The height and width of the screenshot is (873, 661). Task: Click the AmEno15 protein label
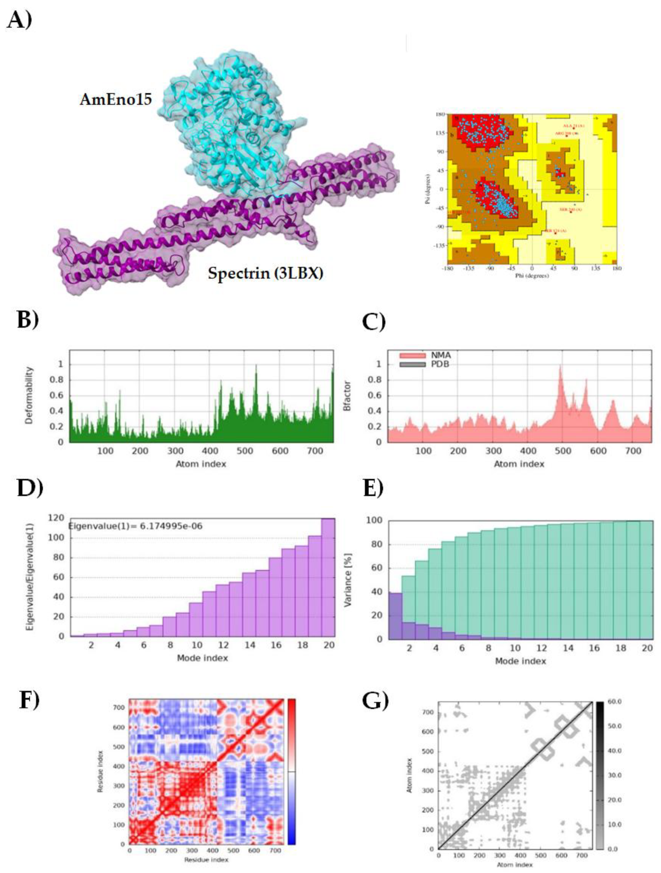click(x=116, y=100)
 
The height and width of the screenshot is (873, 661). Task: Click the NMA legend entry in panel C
click(x=440, y=356)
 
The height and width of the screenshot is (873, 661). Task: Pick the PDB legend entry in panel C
click(x=440, y=364)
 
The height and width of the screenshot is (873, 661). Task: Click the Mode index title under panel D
click(x=202, y=658)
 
